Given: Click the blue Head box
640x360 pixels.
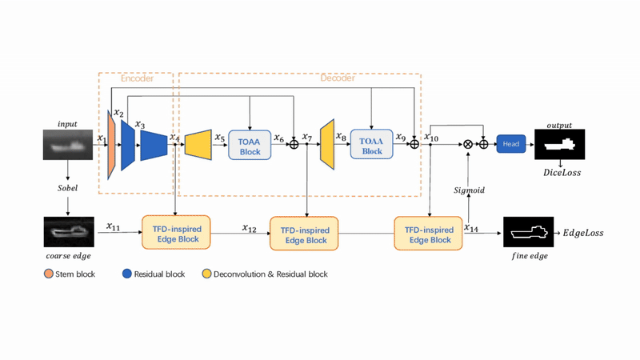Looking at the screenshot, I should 510,144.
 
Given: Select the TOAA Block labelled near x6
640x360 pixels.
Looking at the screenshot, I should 250,146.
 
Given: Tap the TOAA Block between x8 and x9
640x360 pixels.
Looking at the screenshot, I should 371,145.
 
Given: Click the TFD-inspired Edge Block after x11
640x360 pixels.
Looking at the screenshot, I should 176,231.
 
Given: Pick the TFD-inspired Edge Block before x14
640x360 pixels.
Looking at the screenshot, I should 429,233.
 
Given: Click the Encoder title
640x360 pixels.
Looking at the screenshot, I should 137,78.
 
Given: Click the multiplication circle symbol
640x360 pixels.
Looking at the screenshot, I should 467,144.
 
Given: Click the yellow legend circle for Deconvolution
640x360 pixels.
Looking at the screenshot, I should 207,274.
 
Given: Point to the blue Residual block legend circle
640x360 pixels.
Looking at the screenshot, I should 127,274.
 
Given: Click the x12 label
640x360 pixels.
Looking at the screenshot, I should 250,227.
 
